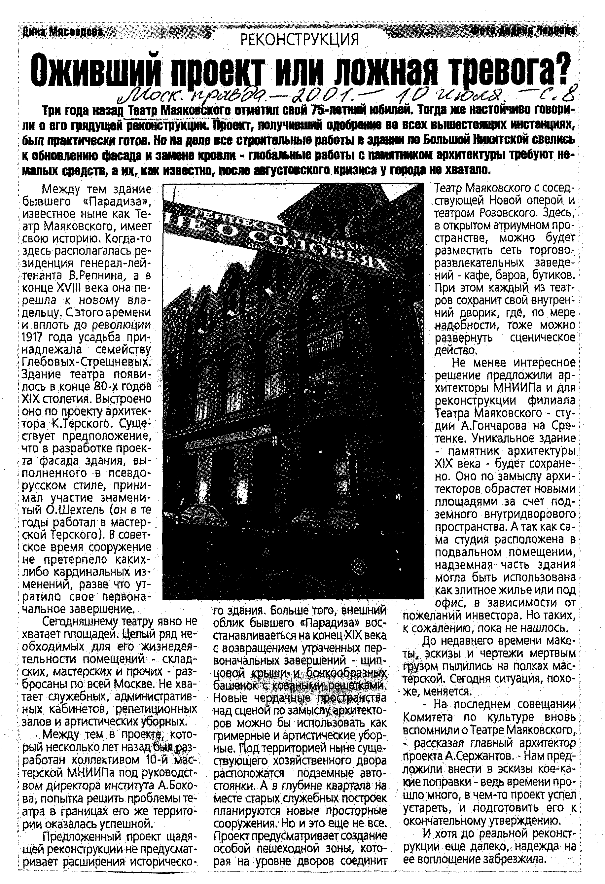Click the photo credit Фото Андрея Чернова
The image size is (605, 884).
tap(523, 30)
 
